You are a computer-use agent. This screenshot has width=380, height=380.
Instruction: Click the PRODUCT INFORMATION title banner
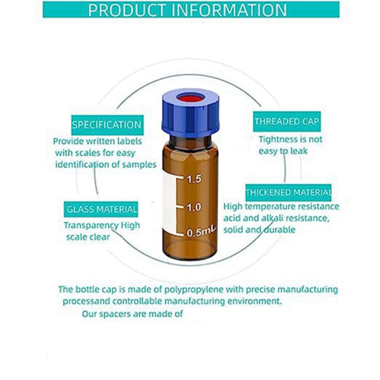pyautogui.click(x=191, y=10)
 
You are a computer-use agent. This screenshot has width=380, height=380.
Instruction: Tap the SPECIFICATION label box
pyautogui.click(x=107, y=125)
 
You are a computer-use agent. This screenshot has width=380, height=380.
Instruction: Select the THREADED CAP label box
pyautogui.click(x=287, y=122)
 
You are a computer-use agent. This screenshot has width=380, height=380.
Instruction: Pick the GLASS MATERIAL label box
pyautogui.click(x=101, y=209)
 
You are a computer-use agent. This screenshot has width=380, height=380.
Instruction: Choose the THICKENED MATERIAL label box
pyautogui.click(x=288, y=192)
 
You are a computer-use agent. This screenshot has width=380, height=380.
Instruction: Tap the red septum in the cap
pyautogui.click(x=191, y=98)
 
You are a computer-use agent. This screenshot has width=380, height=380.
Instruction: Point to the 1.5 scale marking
pyautogui.click(x=194, y=179)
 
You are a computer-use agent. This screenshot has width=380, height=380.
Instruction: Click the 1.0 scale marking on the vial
pyautogui.click(x=194, y=207)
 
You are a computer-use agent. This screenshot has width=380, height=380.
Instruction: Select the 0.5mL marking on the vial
pyautogui.click(x=201, y=232)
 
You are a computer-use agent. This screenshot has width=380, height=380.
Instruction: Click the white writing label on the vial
pyautogui.click(x=169, y=204)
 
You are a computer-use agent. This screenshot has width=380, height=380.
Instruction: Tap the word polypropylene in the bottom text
pyautogui.click(x=194, y=290)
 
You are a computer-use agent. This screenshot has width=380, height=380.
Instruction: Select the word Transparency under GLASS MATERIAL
pyautogui.click(x=91, y=226)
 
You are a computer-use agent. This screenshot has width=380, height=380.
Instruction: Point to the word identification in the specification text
pyautogui.click(x=81, y=165)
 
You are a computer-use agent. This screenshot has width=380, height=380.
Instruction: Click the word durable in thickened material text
pyautogui.click(x=280, y=230)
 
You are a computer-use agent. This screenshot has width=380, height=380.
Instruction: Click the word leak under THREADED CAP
pyautogui.click(x=299, y=151)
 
